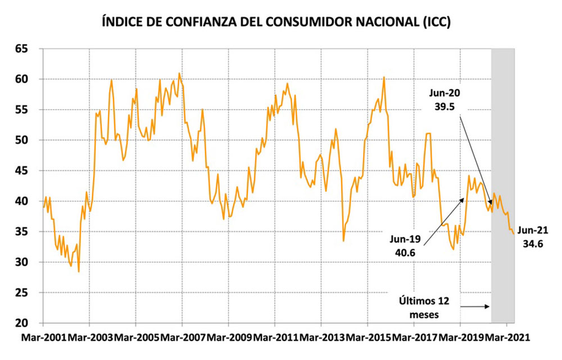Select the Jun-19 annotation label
[x=404, y=238]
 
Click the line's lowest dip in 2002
[x=79, y=271]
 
